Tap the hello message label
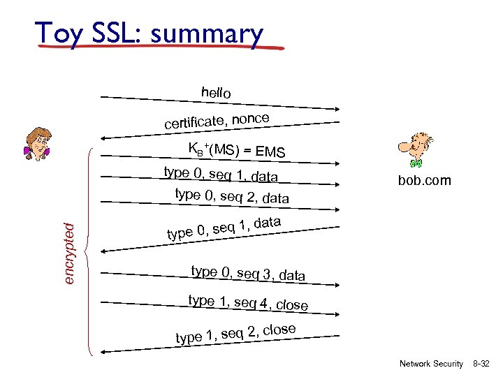[216, 92]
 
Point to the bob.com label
[425, 181]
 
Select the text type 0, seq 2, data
[232, 196]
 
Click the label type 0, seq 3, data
[248, 273]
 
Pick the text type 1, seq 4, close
[248, 302]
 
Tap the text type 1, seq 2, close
[235, 334]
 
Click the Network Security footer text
[431, 364]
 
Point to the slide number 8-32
[481, 364]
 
